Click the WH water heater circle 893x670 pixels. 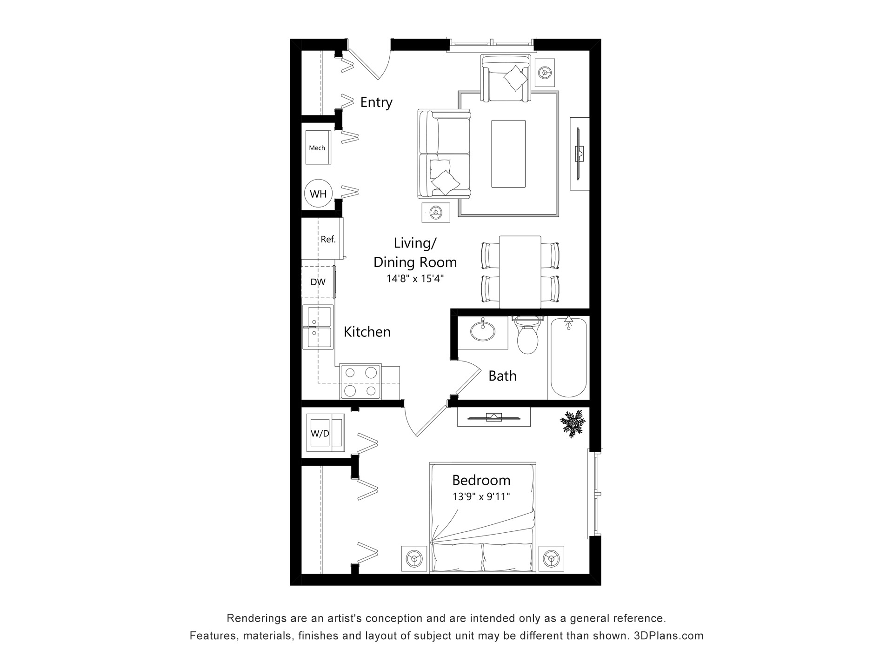[318, 194]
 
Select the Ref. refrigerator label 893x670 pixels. [328, 239]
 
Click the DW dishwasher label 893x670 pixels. [318, 282]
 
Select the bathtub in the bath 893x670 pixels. [568, 357]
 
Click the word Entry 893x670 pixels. [376, 102]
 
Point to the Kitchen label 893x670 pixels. [367, 332]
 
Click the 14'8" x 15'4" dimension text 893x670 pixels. [415, 279]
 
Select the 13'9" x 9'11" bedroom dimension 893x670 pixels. [481, 497]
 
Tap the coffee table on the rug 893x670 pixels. [508, 154]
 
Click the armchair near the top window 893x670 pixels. [506, 78]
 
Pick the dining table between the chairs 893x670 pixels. [520, 272]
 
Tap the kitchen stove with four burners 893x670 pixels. [361, 382]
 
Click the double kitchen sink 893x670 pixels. [318, 327]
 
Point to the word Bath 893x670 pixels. [502, 376]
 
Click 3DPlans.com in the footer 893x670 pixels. [668, 636]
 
